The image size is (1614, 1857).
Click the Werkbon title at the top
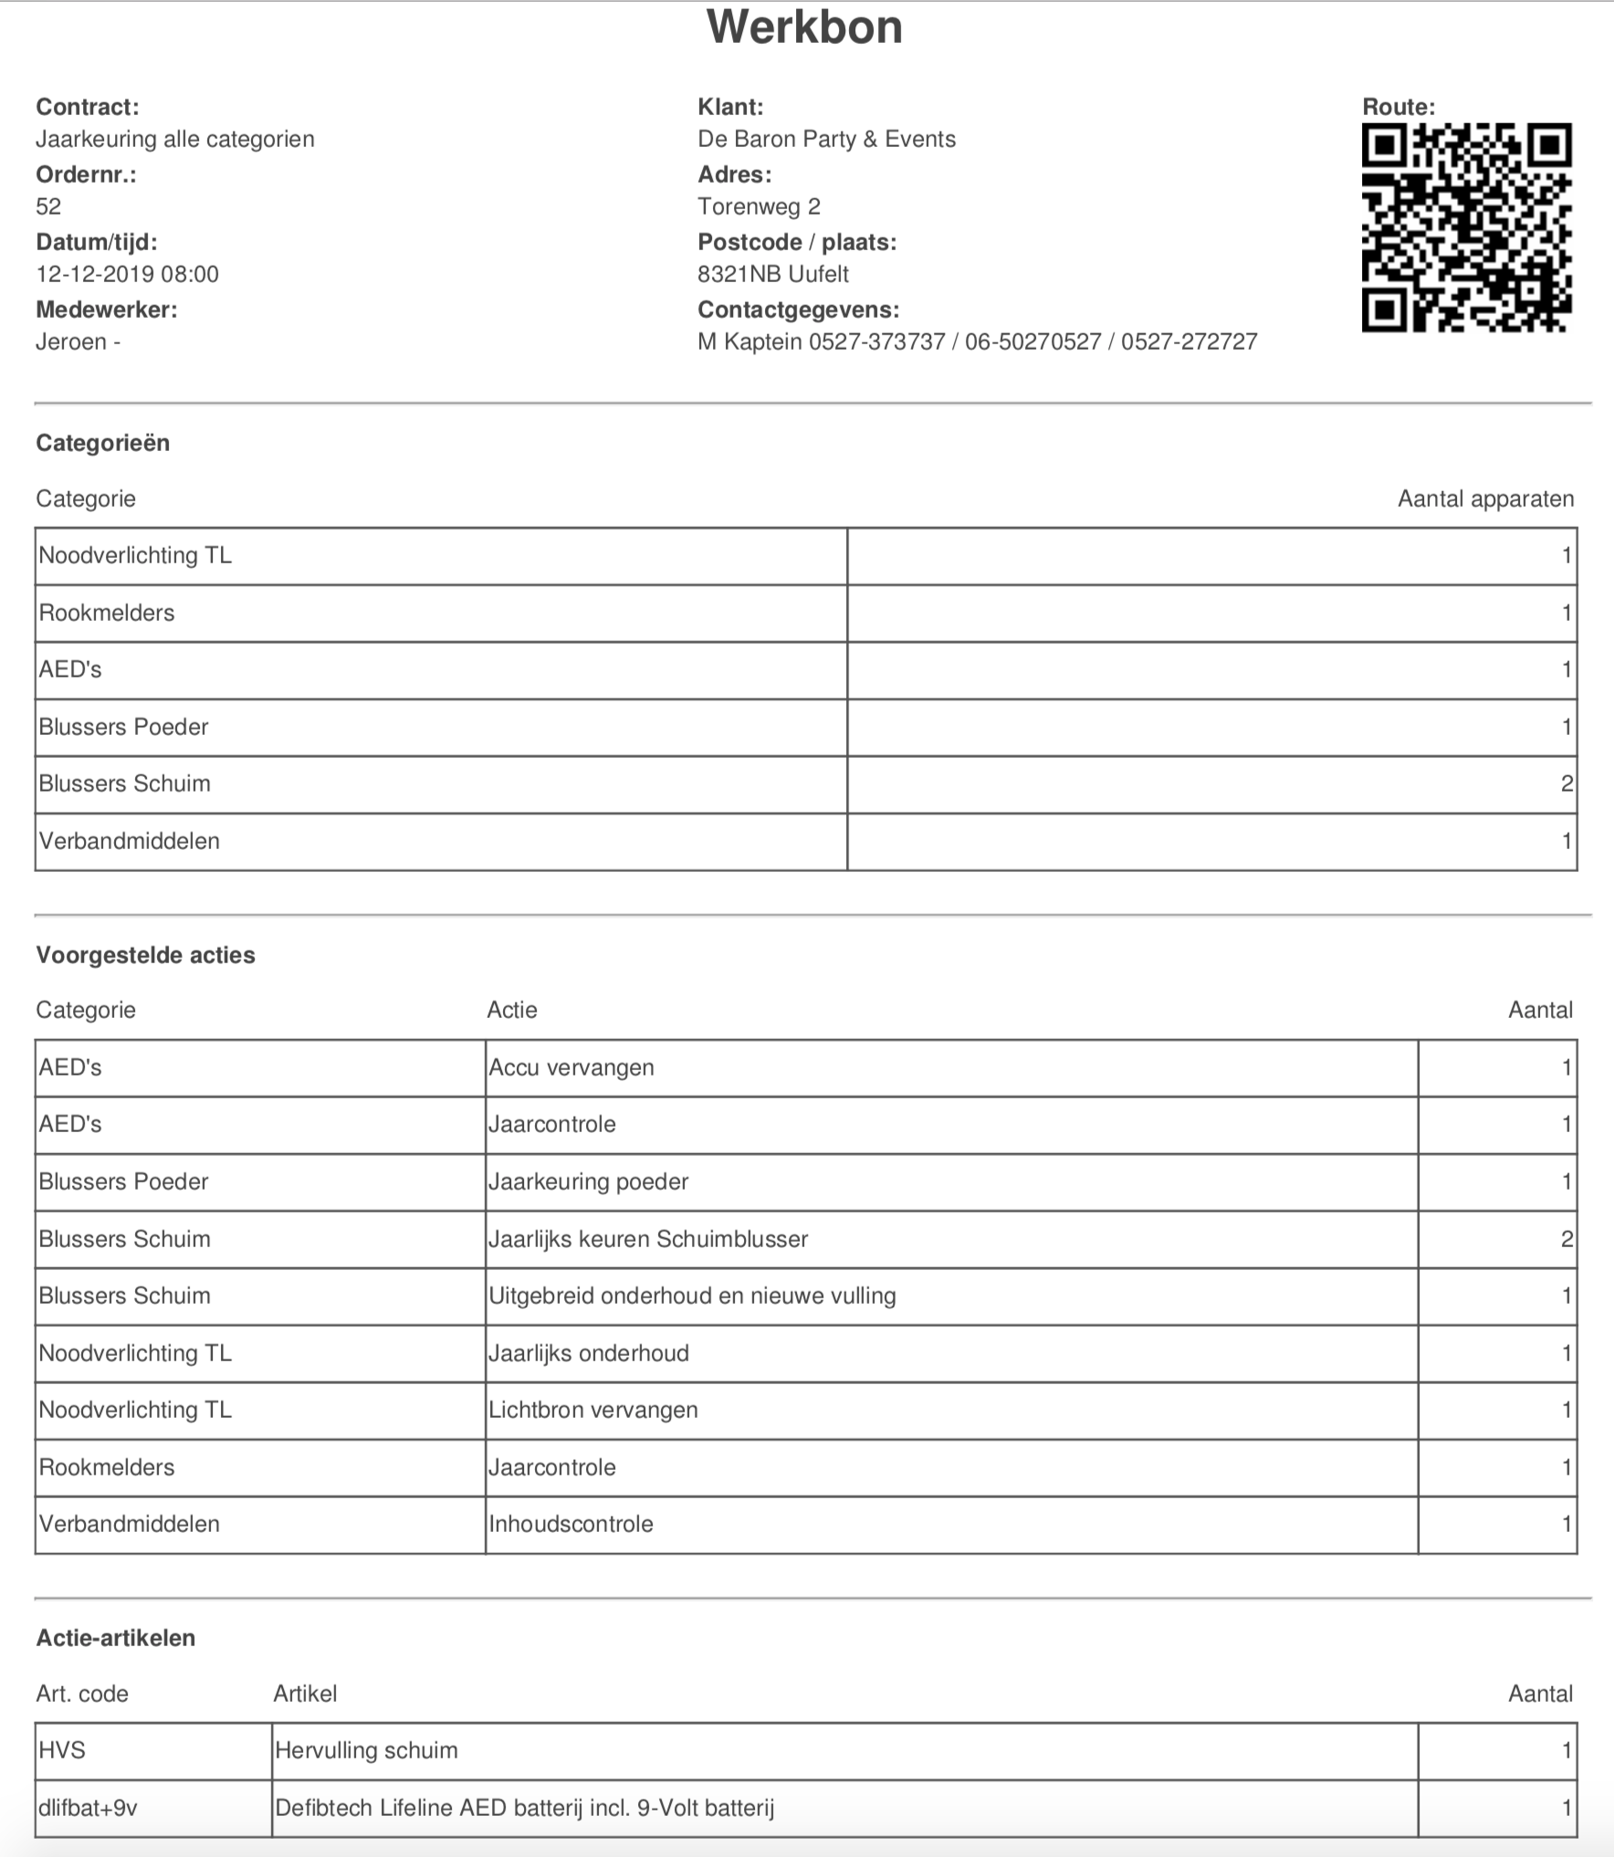pos(804,27)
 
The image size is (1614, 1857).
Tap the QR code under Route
pos(1466,227)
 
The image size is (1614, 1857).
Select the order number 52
pos(48,206)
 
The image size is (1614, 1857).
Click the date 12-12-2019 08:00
pos(127,274)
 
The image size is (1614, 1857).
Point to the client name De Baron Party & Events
pos(826,139)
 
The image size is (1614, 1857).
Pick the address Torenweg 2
pos(759,206)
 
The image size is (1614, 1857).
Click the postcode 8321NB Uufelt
pos(772,274)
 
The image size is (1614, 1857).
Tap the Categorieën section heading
pos(102,443)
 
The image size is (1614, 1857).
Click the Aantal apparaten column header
pos(1485,498)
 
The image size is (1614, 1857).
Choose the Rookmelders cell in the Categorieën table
pos(107,613)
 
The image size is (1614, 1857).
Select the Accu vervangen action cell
pos(571,1067)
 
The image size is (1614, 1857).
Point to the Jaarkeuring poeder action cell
pos(588,1181)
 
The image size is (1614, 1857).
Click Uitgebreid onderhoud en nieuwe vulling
pos(692,1296)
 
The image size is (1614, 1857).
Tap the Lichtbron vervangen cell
pos(592,1410)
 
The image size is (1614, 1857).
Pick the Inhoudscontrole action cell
pos(571,1524)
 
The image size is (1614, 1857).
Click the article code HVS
pos(62,1750)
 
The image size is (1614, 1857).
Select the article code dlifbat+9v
pos(88,1808)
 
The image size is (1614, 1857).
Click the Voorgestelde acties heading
pos(145,955)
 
